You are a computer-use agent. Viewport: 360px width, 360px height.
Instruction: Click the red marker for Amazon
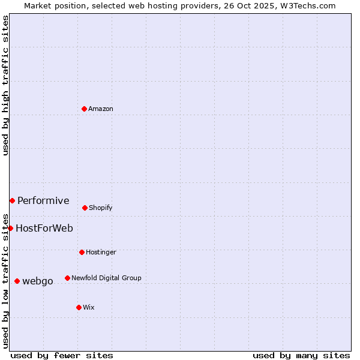pyautogui.click(x=84, y=109)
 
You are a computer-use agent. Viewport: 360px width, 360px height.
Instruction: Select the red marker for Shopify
pyautogui.click(x=85, y=208)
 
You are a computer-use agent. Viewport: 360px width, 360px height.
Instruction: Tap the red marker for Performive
pyautogui.click(x=12, y=200)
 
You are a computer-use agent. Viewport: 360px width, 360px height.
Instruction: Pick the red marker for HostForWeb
pyautogui.click(x=10, y=228)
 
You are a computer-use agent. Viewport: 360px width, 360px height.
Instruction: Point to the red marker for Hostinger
pyautogui.click(x=82, y=252)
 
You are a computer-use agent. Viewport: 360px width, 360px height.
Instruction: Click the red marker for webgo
pyautogui.click(x=17, y=281)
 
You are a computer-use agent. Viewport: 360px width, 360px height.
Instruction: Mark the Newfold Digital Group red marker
pyautogui.click(x=67, y=278)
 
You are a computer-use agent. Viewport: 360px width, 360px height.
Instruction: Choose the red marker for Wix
pyautogui.click(x=79, y=307)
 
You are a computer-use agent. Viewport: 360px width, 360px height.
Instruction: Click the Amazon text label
pyautogui.click(x=101, y=109)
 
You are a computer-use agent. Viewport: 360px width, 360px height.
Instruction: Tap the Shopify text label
pyautogui.click(x=101, y=208)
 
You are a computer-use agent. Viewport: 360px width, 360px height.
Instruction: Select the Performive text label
pyautogui.click(x=43, y=200)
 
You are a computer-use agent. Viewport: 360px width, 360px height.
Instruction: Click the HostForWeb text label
pyautogui.click(x=44, y=228)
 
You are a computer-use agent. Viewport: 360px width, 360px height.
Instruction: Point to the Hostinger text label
pyautogui.click(x=101, y=252)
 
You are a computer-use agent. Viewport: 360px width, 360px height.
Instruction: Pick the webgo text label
pyautogui.click(x=38, y=281)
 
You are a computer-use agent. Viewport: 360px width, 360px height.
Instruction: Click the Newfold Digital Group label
pyautogui.click(x=106, y=278)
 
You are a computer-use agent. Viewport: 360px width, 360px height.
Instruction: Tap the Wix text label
pyautogui.click(x=89, y=307)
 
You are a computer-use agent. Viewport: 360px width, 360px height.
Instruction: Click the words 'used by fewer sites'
pyautogui.click(x=62, y=355)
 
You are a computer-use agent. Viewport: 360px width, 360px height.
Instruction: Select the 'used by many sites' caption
pyautogui.click(x=301, y=355)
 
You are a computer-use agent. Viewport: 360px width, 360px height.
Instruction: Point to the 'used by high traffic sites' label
pyautogui.click(x=5, y=85)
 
